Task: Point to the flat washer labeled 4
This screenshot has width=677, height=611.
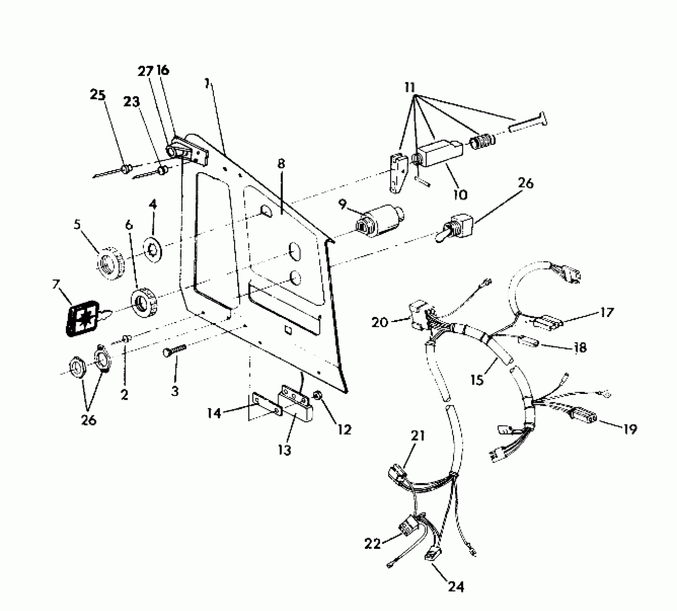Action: (x=153, y=247)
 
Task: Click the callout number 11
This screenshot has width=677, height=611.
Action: (x=410, y=87)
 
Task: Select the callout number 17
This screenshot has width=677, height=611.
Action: (x=607, y=313)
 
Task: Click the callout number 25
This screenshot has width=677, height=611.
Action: (x=97, y=96)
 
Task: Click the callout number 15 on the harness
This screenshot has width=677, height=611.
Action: (x=477, y=380)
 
